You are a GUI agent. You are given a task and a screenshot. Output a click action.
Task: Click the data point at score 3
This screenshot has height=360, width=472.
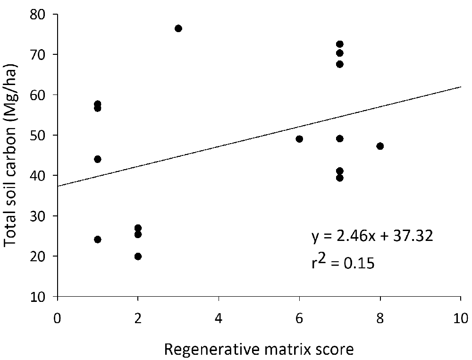(x=178, y=28)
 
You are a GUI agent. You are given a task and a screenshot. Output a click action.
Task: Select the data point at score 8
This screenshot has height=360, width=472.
(x=380, y=146)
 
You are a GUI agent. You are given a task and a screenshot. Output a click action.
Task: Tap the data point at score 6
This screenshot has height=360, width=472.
(x=299, y=139)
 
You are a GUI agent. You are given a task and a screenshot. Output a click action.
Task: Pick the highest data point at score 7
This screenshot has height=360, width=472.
(x=339, y=44)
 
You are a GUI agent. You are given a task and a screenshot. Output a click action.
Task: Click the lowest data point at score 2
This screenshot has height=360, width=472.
(x=138, y=256)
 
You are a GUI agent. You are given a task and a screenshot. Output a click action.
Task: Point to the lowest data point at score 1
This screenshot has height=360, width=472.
(x=98, y=240)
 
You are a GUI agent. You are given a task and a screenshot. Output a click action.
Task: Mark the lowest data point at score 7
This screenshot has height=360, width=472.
(x=339, y=178)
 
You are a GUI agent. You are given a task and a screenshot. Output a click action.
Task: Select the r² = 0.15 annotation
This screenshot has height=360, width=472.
(x=343, y=263)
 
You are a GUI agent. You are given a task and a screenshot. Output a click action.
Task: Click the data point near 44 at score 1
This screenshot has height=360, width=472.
(x=98, y=159)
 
